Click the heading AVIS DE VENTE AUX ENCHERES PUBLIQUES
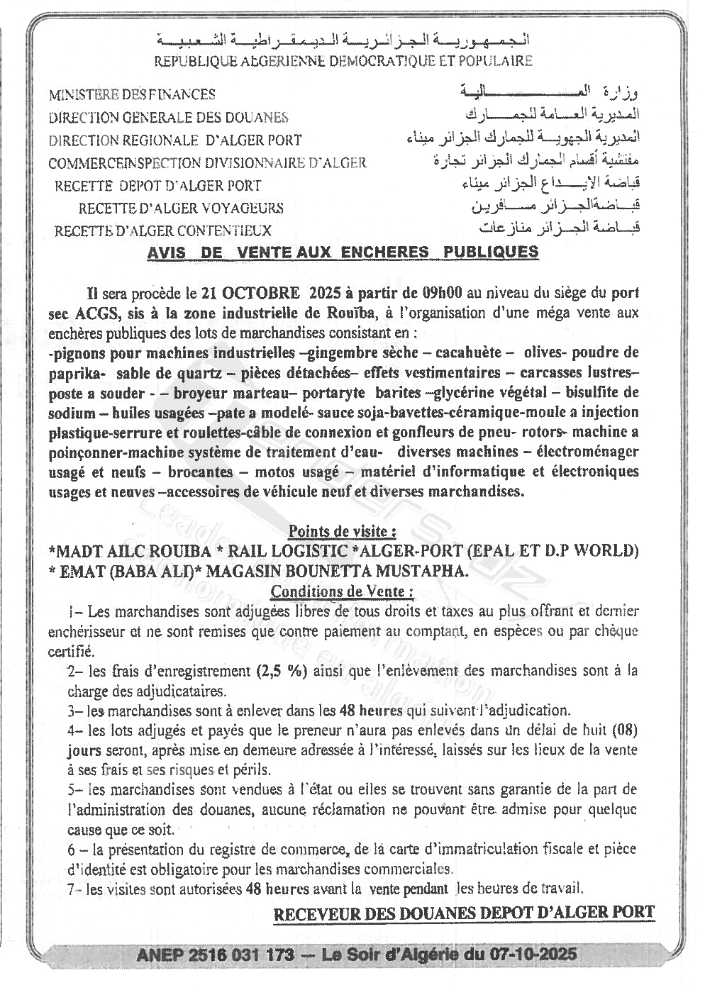tap(343, 252)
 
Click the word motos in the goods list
tap(275, 472)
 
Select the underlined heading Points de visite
tap(342, 530)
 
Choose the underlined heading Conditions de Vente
tap(342, 591)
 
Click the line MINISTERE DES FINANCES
tap(132, 94)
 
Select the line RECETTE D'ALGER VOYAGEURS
tap(181, 208)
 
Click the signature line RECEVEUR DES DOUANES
tap(464, 913)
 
